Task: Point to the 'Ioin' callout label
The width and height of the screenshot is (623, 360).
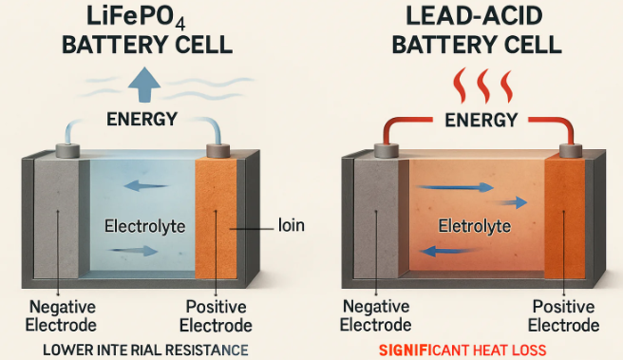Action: pyautogui.click(x=292, y=227)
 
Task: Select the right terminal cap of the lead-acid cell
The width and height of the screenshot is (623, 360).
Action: pyautogui.click(x=570, y=149)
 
